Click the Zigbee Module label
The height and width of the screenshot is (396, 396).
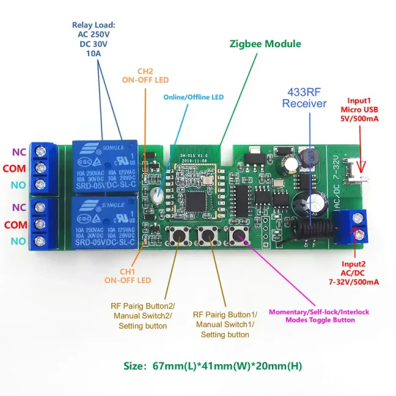[265, 44]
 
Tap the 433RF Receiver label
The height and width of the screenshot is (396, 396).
[304, 98]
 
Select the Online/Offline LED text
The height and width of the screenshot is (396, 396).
[193, 97]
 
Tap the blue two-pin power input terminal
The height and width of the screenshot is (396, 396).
[354, 224]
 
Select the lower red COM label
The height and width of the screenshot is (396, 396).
[16, 225]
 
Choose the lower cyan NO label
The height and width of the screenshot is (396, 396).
[18, 241]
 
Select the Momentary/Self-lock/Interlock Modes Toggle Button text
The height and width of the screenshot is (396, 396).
[319, 316]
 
